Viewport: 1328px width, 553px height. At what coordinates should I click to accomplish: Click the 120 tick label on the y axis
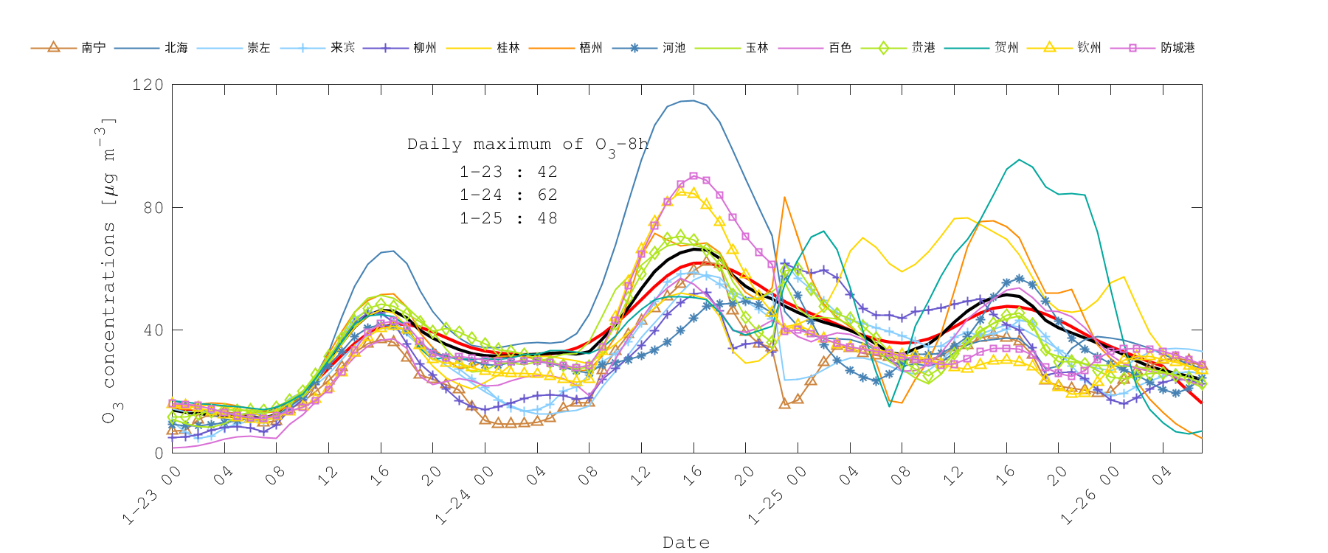(148, 85)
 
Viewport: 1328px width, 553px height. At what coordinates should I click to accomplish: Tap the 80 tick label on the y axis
(153, 207)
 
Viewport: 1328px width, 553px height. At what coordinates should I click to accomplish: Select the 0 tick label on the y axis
(159, 453)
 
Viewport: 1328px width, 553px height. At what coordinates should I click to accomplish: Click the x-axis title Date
(686, 543)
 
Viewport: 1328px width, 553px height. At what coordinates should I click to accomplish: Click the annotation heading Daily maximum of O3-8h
(528, 145)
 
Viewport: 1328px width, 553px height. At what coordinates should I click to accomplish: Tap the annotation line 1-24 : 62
(508, 195)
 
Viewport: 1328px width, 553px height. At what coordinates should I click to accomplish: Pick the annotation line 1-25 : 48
(508, 218)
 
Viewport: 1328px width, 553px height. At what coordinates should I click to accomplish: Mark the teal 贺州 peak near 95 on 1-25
(1020, 160)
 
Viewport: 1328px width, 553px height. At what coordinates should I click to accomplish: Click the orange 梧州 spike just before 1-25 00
(784, 197)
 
